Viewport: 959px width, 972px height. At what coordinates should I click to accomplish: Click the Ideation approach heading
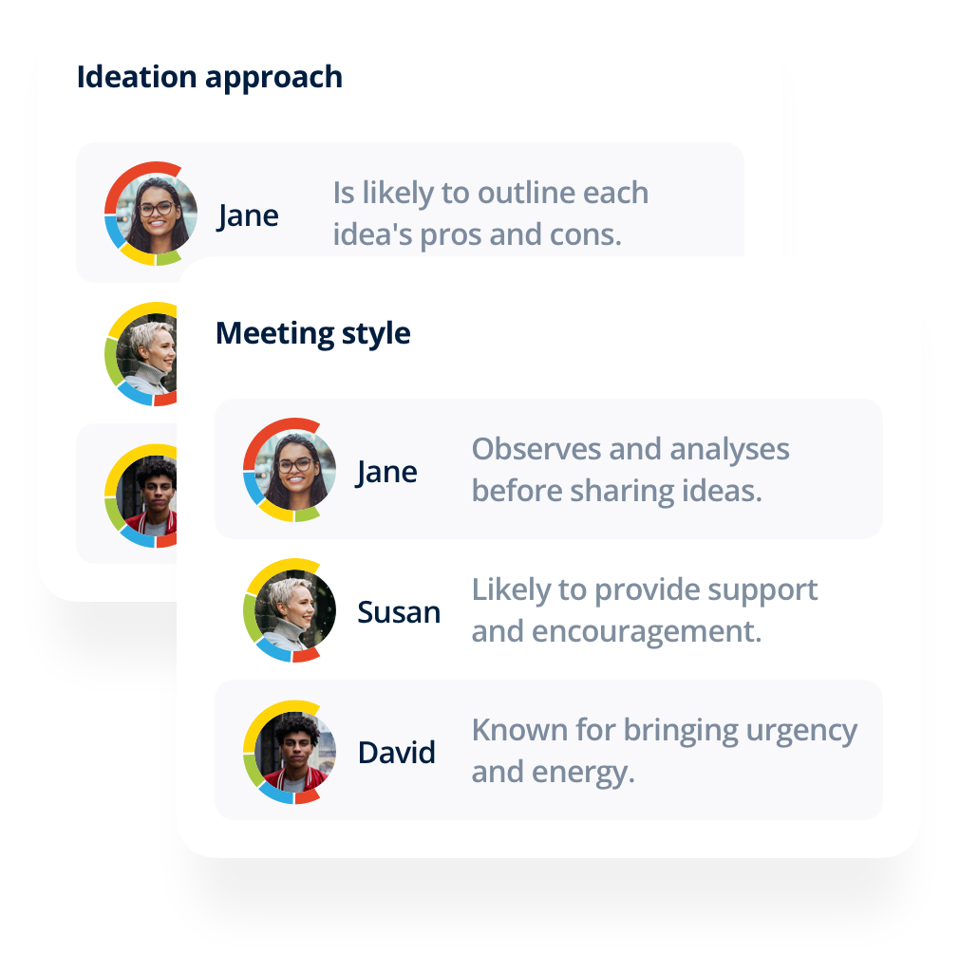point(209,77)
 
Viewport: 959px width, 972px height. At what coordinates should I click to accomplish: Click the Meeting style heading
point(312,334)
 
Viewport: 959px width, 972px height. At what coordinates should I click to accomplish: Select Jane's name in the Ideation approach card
point(248,215)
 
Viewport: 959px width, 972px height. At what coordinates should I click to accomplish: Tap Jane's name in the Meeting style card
point(386,472)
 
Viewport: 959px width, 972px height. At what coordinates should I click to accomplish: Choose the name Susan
point(399,612)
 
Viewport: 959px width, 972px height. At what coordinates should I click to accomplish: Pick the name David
point(396,753)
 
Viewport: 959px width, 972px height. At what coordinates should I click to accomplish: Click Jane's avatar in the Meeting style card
point(290,470)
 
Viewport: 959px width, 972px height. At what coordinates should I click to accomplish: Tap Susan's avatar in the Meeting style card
point(290,610)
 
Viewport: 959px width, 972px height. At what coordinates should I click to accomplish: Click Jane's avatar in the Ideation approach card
point(151,214)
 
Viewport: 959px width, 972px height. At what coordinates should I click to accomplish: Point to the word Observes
point(533,448)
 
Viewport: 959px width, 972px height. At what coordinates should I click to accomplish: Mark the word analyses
point(731,448)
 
